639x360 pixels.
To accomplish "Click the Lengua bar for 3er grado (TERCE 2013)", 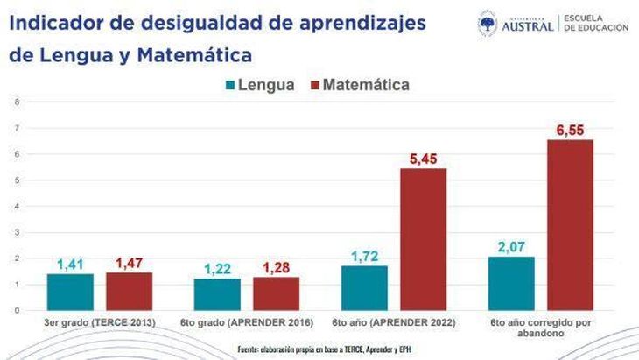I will click(70, 292).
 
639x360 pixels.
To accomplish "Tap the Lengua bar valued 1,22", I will click(217, 294).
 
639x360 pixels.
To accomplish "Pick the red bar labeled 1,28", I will click(277, 293).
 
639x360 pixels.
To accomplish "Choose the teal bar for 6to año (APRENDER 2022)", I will click(364, 287).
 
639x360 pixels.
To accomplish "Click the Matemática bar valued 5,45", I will click(424, 239).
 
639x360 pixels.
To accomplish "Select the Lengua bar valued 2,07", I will click(511, 283).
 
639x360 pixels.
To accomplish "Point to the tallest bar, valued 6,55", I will click(571, 225).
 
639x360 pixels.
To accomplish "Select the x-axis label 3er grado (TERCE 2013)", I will click(100, 322).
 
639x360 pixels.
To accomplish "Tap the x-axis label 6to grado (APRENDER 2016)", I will click(247, 322).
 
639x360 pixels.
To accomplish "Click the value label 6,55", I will click(571, 131).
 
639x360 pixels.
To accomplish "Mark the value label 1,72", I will click(364, 256).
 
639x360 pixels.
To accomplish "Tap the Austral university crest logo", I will click(487, 24).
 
